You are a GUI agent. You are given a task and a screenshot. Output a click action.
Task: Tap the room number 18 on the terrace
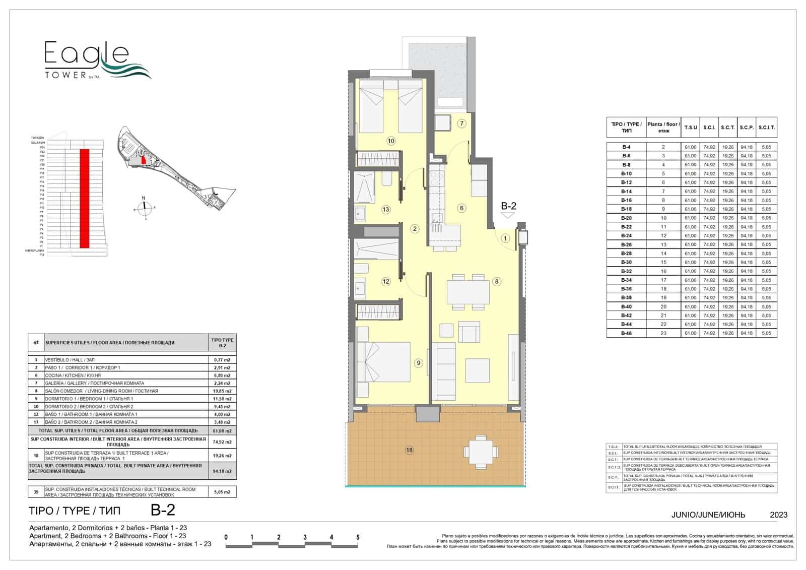tap(410, 450)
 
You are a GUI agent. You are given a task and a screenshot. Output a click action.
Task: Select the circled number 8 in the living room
tap(497, 282)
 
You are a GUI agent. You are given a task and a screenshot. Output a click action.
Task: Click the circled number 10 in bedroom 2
tap(391, 141)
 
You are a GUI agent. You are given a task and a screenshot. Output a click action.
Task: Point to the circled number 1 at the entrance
tap(505, 238)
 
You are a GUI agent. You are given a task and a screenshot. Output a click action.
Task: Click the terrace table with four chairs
tap(481, 451)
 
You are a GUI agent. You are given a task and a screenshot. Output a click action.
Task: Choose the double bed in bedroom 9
tap(370, 362)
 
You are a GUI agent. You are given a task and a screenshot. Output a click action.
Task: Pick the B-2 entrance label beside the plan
tap(508, 206)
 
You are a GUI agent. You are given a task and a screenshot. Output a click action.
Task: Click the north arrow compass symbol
tap(144, 206)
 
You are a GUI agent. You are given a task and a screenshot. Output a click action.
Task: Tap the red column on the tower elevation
tap(85, 198)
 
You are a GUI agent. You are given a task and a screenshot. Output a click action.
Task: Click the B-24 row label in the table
tap(626, 236)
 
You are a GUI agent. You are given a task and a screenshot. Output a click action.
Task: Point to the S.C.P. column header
tap(747, 128)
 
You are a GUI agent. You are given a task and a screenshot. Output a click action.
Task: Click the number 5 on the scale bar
tap(358, 537)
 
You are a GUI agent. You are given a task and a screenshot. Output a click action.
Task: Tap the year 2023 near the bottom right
tap(778, 515)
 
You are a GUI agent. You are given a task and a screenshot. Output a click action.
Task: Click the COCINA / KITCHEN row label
tap(73, 375)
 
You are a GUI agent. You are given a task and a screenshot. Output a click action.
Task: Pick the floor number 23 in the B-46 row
tap(663, 333)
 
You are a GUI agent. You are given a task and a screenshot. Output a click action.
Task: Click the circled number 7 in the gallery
tap(461, 123)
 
